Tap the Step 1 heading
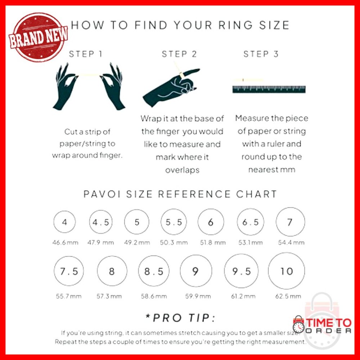point(86,54)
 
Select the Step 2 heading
point(179,54)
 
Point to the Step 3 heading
point(261,54)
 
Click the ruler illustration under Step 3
point(269,89)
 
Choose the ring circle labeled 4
point(64,222)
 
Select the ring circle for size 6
point(211,222)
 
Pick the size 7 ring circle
point(290,222)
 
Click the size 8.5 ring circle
point(154,271)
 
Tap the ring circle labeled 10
point(287,271)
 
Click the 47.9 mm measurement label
point(100,243)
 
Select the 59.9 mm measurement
point(198,296)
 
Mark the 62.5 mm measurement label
point(288,296)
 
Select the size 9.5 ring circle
point(242,271)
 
